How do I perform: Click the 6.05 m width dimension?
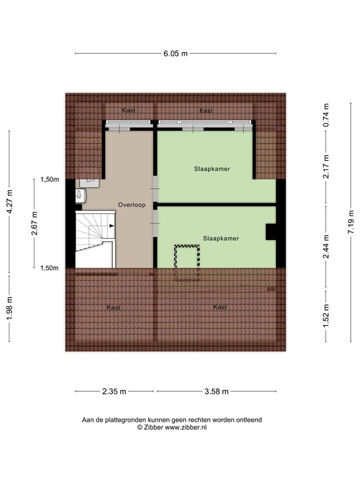pos(176,54)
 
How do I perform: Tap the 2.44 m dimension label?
pos(326,241)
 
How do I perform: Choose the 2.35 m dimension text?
pos(114,392)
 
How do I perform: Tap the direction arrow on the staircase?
pos(111,225)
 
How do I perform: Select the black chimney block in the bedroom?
pos(271,232)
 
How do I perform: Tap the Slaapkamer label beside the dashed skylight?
pos(220,238)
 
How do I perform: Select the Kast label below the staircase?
pos(113,307)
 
